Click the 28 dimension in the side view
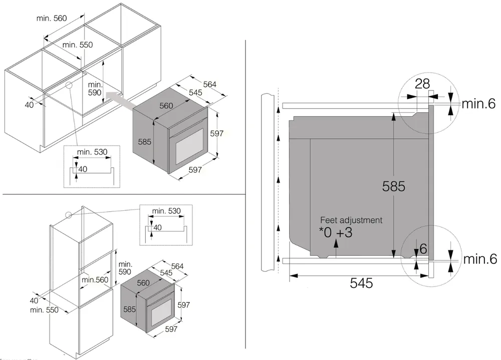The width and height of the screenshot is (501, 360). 422,84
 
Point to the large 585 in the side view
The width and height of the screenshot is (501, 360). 393,186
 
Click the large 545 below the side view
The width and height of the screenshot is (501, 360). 361,283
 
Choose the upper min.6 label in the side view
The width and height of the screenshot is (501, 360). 478,104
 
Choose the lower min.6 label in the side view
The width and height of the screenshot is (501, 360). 478,259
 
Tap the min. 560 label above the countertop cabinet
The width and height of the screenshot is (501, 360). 52,19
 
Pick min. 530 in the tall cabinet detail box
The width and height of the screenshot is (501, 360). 166,211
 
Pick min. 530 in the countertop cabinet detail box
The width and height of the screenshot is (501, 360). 92,152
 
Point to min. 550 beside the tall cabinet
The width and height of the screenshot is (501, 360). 44,309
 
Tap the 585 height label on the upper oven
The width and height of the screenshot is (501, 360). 144,142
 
